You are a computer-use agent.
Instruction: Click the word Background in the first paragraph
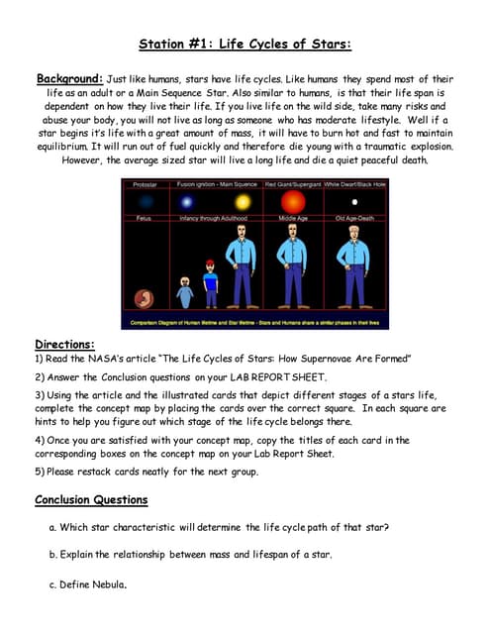click(68, 78)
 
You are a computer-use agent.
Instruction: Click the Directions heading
click(64, 344)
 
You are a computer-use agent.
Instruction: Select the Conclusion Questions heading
click(91, 499)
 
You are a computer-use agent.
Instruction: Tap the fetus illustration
click(145, 297)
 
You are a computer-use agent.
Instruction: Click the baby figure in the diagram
click(185, 293)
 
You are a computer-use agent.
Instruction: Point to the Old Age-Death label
click(354, 218)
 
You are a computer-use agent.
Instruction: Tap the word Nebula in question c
click(106, 584)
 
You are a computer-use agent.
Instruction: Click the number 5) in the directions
click(40, 472)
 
